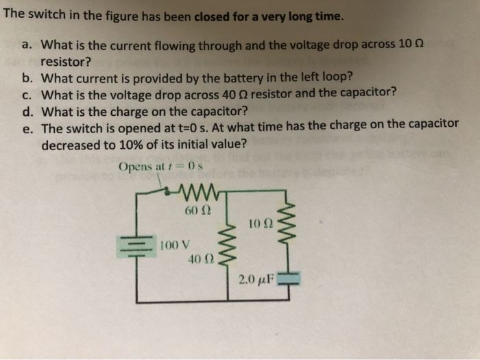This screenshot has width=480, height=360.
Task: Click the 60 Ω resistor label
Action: pyautogui.click(x=198, y=211)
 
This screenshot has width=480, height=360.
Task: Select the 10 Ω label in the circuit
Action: pyautogui.click(x=261, y=224)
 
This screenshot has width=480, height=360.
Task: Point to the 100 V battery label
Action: pyautogui.click(x=175, y=245)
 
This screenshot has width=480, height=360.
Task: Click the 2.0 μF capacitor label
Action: pyautogui.click(x=256, y=280)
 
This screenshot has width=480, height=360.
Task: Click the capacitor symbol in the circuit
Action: pyautogui.click(x=289, y=278)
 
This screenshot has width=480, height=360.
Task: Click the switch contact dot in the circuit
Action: pyautogui.click(x=167, y=192)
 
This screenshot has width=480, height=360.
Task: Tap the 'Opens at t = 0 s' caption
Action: pyautogui.click(x=160, y=167)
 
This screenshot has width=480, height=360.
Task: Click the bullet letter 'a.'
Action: pyautogui.click(x=27, y=45)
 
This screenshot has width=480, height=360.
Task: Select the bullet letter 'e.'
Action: pyautogui.click(x=27, y=129)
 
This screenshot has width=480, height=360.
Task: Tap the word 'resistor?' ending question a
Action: pyautogui.click(x=66, y=62)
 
